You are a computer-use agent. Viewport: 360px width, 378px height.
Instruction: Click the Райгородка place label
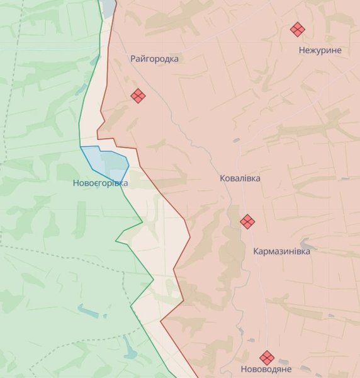(154, 59)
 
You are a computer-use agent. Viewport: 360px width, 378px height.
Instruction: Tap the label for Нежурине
(320, 50)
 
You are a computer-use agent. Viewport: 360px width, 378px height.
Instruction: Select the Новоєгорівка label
(100, 183)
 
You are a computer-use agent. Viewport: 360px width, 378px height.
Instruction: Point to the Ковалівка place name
(240, 178)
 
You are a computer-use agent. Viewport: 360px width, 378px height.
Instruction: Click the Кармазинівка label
(281, 251)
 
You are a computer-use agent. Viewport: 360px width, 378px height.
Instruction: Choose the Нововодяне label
(266, 369)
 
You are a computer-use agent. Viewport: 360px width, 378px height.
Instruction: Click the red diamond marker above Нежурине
(297, 29)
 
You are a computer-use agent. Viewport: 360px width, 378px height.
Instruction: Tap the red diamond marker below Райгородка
(138, 96)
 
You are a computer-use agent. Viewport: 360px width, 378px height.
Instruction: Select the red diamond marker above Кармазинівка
(248, 221)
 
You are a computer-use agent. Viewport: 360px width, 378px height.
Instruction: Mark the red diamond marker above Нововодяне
(267, 357)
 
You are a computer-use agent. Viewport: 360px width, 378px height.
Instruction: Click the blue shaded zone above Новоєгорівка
(107, 161)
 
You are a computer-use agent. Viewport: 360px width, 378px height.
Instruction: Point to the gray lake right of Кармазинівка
(307, 243)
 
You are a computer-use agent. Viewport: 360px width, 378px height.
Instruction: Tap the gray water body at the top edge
(109, 6)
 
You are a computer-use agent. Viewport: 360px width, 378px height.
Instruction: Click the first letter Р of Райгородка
(133, 59)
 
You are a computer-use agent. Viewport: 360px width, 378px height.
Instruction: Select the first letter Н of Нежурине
(302, 50)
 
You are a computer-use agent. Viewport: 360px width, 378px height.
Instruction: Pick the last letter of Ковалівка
(257, 178)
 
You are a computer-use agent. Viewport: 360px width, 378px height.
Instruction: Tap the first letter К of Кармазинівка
(256, 251)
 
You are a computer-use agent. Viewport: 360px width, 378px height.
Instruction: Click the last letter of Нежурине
(339, 50)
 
